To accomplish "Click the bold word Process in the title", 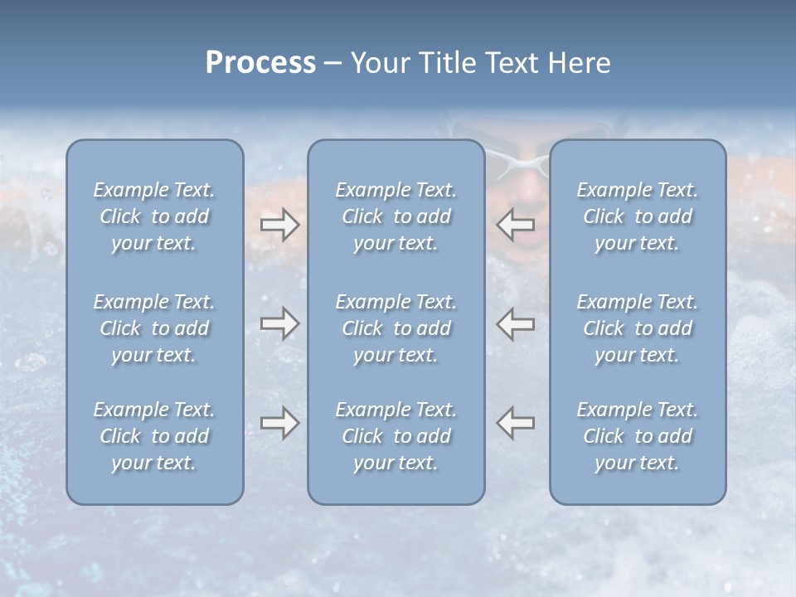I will (x=260, y=63).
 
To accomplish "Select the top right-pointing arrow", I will (x=280, y=225).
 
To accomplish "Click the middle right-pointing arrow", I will (x=280, y=323).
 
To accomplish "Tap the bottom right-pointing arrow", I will (x=280, y=423).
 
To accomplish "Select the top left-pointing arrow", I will (x=516, y=225).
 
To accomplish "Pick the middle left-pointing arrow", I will (x=516, y=323).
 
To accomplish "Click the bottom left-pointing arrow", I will (x=516, y=423).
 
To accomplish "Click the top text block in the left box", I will (x=154, y=216).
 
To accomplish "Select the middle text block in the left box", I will (x=154, y=328).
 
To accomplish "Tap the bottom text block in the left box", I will (x=154, y=436).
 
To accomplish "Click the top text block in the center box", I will (x=396, y=216).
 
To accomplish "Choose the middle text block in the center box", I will (x=396, y=328).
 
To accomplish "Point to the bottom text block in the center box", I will (x=396, y=436).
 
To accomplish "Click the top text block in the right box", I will (x=638, y=216).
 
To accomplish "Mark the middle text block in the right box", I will (x=638, y=328).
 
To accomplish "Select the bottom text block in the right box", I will (x=638, y=436).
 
